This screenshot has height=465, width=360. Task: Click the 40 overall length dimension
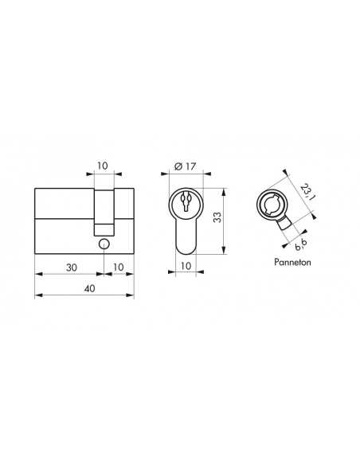[89, 288]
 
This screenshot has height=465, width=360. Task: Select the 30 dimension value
[71, 268]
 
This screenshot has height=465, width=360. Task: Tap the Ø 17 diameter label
[186, 166]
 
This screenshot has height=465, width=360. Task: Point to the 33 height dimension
[217, 217]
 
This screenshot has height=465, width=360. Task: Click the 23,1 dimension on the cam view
[307, 192]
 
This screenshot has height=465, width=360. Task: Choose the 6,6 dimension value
[301, 244]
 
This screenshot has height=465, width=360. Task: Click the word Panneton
[292, 262]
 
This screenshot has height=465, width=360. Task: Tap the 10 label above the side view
[102, 166]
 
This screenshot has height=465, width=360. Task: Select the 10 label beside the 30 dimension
[118, 268]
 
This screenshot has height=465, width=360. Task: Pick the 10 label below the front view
[186, 266]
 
